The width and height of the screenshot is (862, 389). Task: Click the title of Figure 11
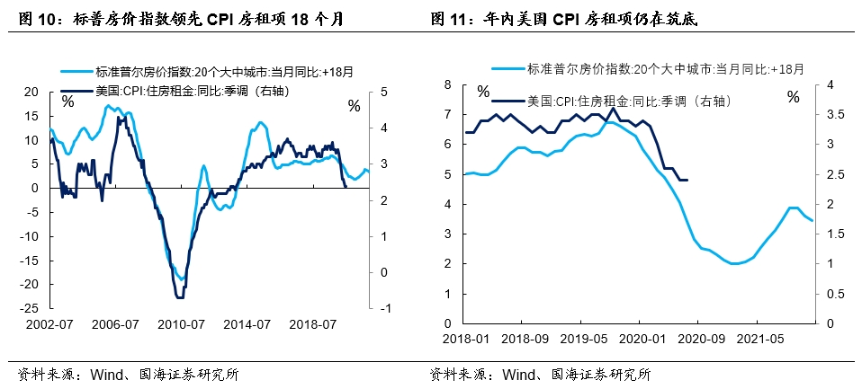[x=565, y=17]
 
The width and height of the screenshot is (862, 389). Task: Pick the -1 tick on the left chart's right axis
[x=384, y=308]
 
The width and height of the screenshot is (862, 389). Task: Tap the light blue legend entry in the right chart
[x=648, y=67]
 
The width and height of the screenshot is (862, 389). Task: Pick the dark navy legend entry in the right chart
[x=621, y=102]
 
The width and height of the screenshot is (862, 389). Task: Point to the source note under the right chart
[x=540, y=374]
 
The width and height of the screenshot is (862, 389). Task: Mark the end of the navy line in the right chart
[x=687, y=180]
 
